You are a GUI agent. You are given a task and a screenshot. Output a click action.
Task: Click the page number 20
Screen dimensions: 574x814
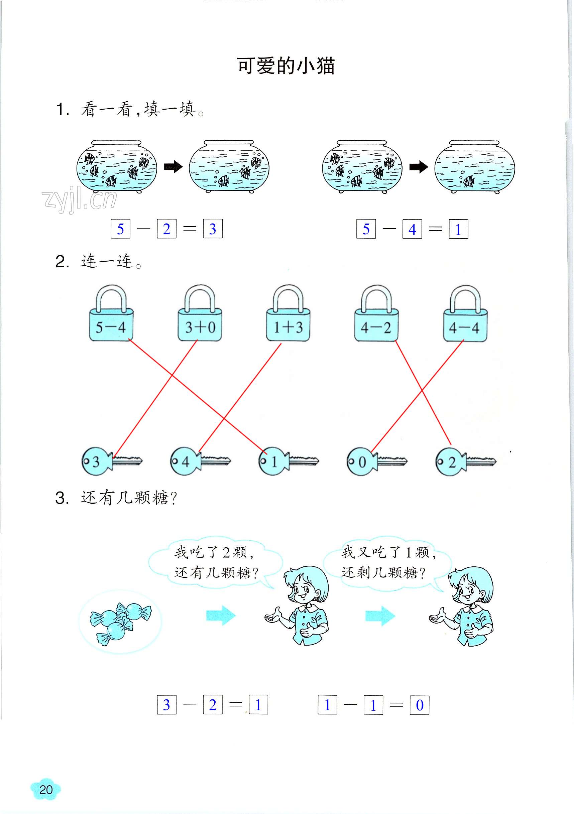[x=46, y=790]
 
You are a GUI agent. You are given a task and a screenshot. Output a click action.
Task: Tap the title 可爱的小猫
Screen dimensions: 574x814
[x=285, y=66]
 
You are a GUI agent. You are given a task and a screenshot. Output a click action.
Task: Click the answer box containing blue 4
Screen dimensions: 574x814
[x=412, y=229]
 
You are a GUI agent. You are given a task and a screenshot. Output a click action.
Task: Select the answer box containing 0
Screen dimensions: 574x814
[x=419, y=705]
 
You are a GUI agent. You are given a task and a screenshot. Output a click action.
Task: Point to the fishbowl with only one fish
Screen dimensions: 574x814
[x=474, y=167]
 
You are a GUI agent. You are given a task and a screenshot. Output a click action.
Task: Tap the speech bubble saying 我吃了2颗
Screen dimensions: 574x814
[x=215, y=562]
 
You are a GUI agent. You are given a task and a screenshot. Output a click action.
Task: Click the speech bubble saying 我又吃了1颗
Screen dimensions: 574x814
[x=387, y=562]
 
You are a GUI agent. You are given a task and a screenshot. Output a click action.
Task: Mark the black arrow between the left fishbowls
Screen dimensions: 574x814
[x=173, y=167]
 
